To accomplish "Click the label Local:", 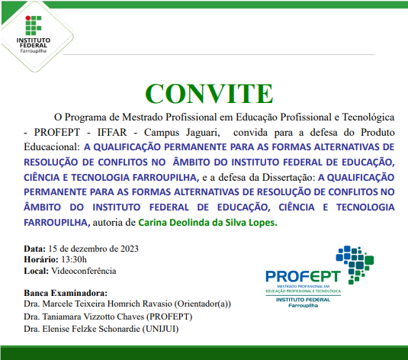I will (37, 271).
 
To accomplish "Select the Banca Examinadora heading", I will (66, 293).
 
